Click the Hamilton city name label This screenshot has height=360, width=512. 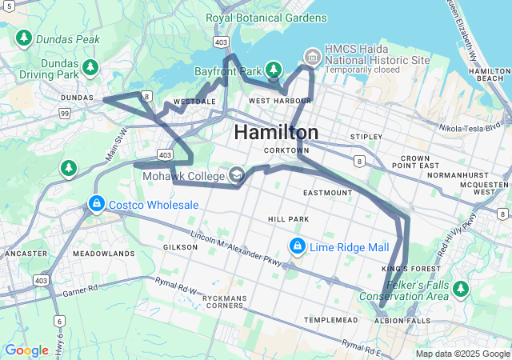coord(276,132)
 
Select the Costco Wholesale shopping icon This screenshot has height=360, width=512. coord(97,205)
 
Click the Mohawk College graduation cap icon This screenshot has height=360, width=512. coord(237,174)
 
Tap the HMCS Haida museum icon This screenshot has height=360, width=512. coord(312,55)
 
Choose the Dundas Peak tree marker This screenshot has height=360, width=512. coord(24,38)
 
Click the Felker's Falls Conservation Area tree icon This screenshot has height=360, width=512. coord(460,287)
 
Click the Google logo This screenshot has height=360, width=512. coord(26,350)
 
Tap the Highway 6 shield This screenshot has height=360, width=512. coord(60,321)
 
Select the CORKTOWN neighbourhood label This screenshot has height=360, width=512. coord(286,150)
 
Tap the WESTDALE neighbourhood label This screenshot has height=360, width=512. coord(194,102)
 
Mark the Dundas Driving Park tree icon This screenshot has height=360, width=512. coord(91,66)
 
